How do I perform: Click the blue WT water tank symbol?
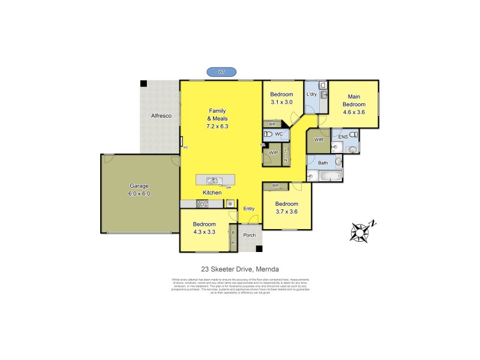pos(221,72)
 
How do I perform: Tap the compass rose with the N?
pos(362,230)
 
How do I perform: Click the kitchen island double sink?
pos(213,180)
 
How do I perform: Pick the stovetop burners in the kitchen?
pos(202,204)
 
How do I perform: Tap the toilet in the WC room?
pos(269,134)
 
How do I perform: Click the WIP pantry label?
pos(274,154)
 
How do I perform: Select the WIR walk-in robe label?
pos(319,140)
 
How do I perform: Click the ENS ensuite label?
pos(343,137)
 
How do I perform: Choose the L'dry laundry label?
pos(311,95)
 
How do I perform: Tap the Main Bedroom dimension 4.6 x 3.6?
pos(353,112)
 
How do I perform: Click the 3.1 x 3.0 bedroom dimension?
pos(281,103)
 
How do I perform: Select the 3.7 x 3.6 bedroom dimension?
pos(287,212)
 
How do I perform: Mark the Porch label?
pos(249,235)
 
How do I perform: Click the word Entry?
pos(249,208)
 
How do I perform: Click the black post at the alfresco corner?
pos(143,84)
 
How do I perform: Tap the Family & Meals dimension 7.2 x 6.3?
pos(218,127)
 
